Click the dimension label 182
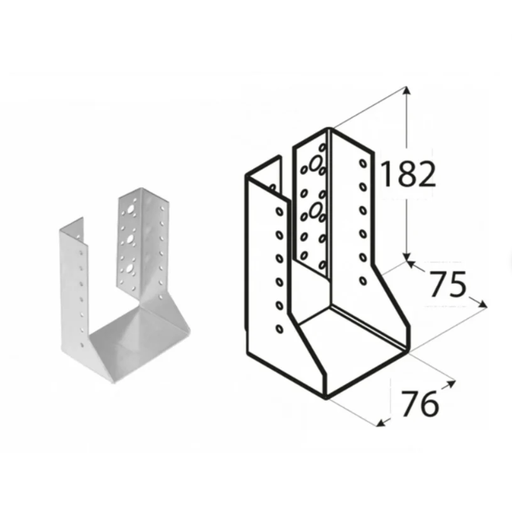coord(408,174)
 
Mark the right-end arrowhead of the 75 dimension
coord(483,304)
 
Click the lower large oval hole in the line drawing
coord(315,209)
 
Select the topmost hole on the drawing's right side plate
coord(363,164)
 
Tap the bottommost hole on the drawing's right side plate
coord(363,280)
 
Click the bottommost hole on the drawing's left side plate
coord(279,328)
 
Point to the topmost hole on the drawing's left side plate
coord(279,211)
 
